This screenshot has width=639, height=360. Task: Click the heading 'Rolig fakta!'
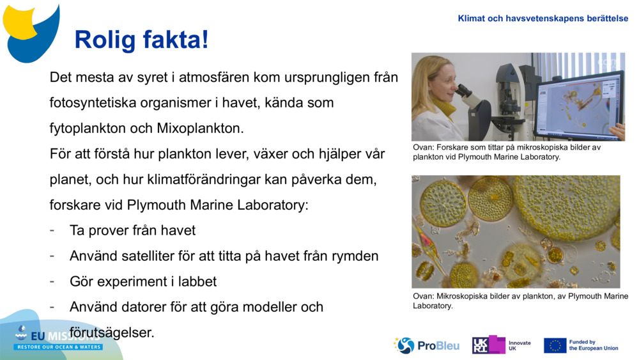pyautogui.click(x=141, y=40)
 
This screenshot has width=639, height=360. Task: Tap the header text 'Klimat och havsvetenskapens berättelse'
pyautogui.click(x=543, y=19)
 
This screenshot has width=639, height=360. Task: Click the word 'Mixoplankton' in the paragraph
pyautogui.click(x=199, y=128)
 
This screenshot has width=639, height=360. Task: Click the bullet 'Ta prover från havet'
pyautogui.click(x=132, y=230)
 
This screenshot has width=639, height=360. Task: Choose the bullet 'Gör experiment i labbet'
pyautogui.click(x=143, y=281)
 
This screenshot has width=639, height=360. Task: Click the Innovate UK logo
pyautogui.click(x=502, y=345)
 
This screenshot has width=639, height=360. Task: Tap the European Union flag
pyautogui.click(x=555, y=345)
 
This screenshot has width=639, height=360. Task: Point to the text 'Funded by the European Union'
pyautogui.click(x=593, y=345)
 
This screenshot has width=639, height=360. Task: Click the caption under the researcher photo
pyautogui.click(x=507, y=152)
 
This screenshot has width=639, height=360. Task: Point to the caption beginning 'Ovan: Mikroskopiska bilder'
pyautogui.click(x=520, y=301)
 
